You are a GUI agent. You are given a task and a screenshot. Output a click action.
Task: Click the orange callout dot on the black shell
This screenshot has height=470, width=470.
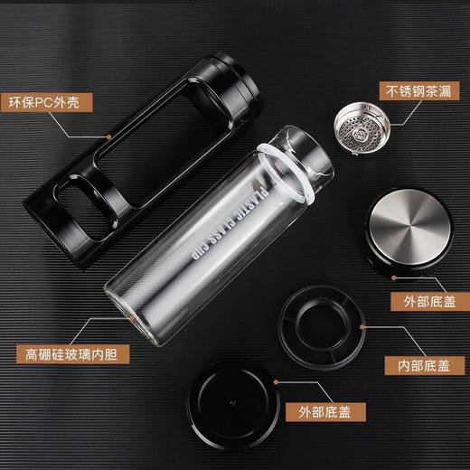[108, 135]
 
